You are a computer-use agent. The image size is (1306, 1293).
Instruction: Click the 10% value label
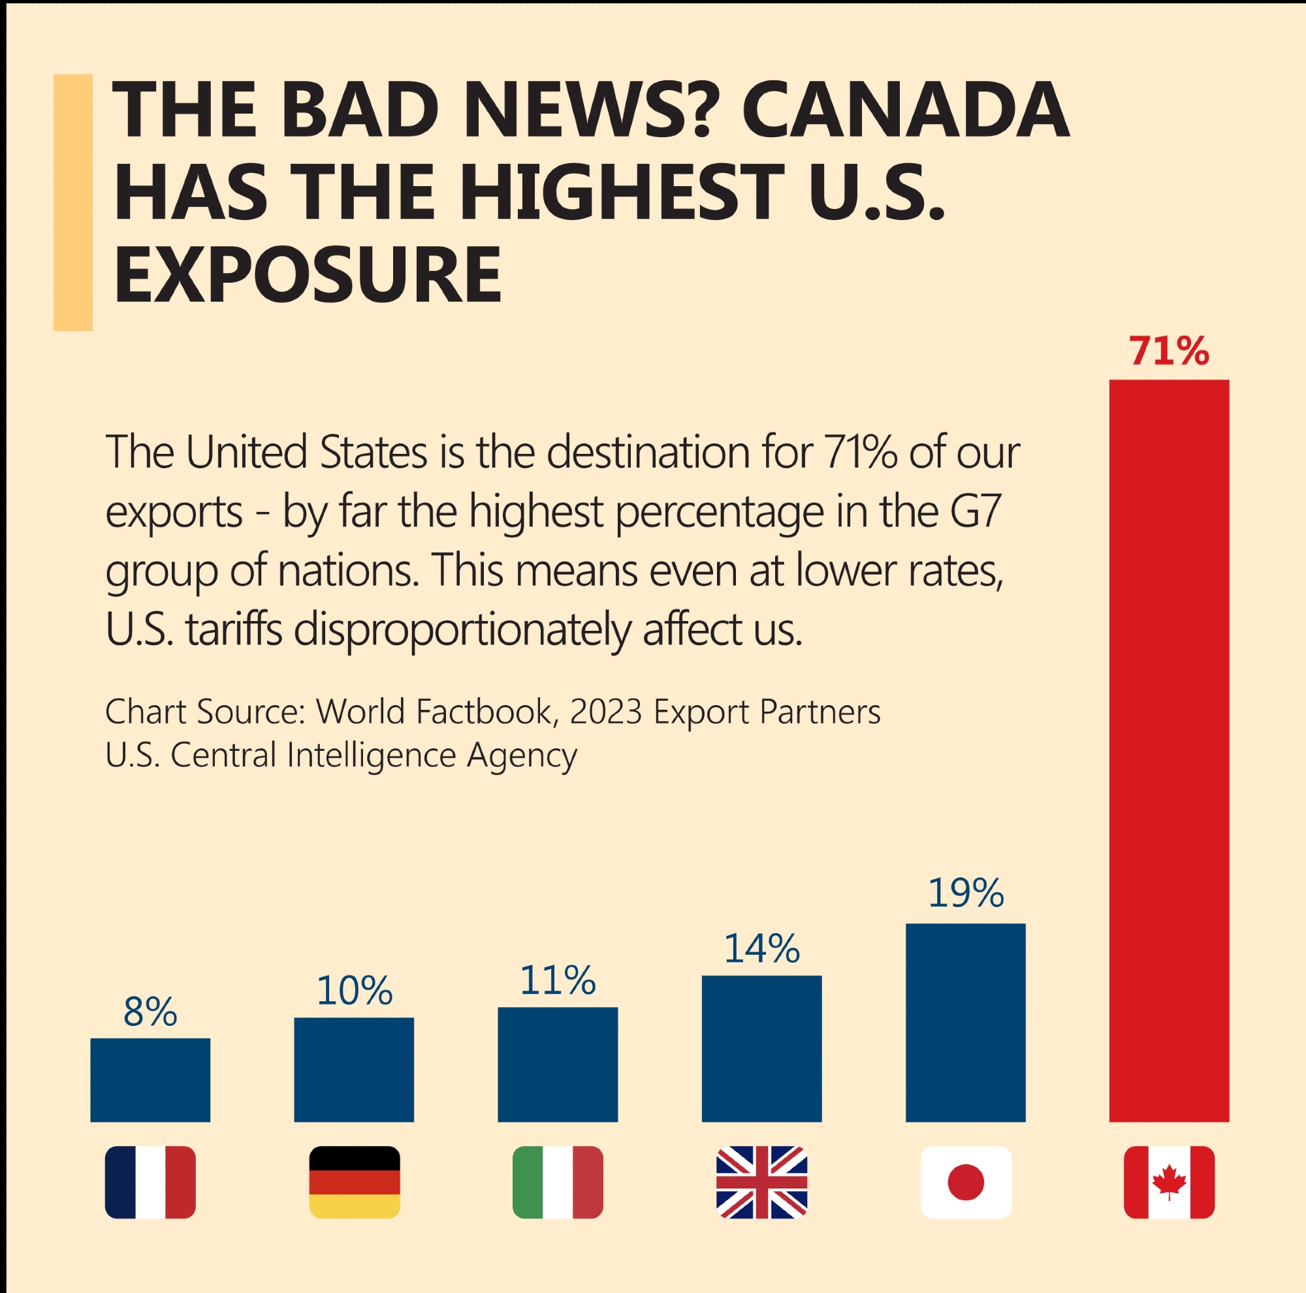(x=354, y=991)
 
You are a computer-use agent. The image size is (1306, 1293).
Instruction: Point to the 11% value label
(x=558, y=981)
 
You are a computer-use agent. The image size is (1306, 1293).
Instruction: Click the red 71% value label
(x=1169, y=352)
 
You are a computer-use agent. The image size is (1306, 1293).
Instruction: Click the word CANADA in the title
(x=905, y=110)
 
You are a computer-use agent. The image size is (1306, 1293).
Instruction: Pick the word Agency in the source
(x=521, y=756)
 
